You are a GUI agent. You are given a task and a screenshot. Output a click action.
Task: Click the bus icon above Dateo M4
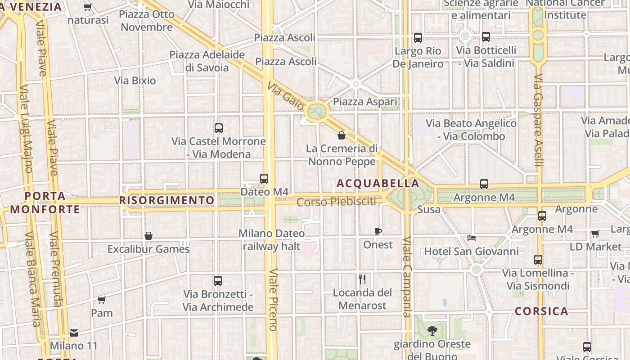(x=264, y=179)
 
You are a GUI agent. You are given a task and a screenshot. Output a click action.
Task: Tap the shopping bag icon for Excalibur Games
(x=148, y=236)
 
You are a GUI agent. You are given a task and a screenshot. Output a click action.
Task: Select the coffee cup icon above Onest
(x=378, y=232)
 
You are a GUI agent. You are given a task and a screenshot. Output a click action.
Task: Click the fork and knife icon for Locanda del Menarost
(x=362, y=279)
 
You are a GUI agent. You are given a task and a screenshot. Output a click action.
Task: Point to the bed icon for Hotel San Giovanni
(x=472, y=238)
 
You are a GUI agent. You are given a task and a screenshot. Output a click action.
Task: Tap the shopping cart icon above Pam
(x=102, y=300)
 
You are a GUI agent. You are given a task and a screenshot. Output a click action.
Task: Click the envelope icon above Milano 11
(x=74, y=333)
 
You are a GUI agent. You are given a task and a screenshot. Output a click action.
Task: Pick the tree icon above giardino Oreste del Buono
(x=432, y=331)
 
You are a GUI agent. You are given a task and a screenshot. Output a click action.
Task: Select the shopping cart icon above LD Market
(x=595, y=234)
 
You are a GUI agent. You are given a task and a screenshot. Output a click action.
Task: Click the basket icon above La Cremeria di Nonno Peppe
(x=342, y=135)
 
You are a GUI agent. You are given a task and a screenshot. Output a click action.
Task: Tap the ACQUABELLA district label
(x=378, y=184)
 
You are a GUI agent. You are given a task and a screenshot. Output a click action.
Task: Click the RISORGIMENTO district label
(x=167, y=200)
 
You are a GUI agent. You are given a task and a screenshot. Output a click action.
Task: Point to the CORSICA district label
(x=541, y=311)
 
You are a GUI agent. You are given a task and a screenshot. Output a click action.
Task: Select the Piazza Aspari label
(x=365, y=102)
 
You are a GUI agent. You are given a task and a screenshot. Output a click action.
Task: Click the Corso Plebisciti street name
(x=337, y=202)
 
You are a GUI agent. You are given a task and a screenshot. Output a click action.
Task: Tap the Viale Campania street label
(x=407, y=277)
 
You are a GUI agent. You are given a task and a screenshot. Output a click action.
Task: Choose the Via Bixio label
(x=135, y=81)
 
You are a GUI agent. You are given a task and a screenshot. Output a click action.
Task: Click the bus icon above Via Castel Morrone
(x=219, y=128)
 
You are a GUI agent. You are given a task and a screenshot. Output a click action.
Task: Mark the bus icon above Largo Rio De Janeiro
(x=418, y=38)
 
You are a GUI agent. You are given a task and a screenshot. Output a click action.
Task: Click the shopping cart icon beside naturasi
(x=88, y=7)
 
